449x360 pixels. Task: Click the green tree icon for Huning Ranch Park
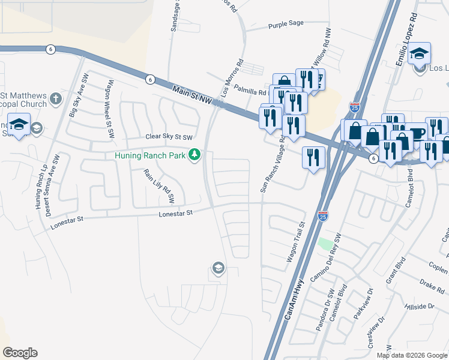tap(194, 155)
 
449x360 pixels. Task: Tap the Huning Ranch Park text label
tap(151, 155)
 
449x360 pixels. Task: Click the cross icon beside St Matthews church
tap(56, 99)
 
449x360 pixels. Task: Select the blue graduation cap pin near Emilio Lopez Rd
tap(419, 54)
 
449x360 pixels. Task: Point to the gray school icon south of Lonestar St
tap(218, 268)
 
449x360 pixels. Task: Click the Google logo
tap(20, 353)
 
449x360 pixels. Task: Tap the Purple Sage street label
tap(286, 24)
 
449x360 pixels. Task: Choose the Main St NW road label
tap(191, 94)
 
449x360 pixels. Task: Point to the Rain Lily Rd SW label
tap(158, 185)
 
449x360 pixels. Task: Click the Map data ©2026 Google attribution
tap(411, 355)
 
